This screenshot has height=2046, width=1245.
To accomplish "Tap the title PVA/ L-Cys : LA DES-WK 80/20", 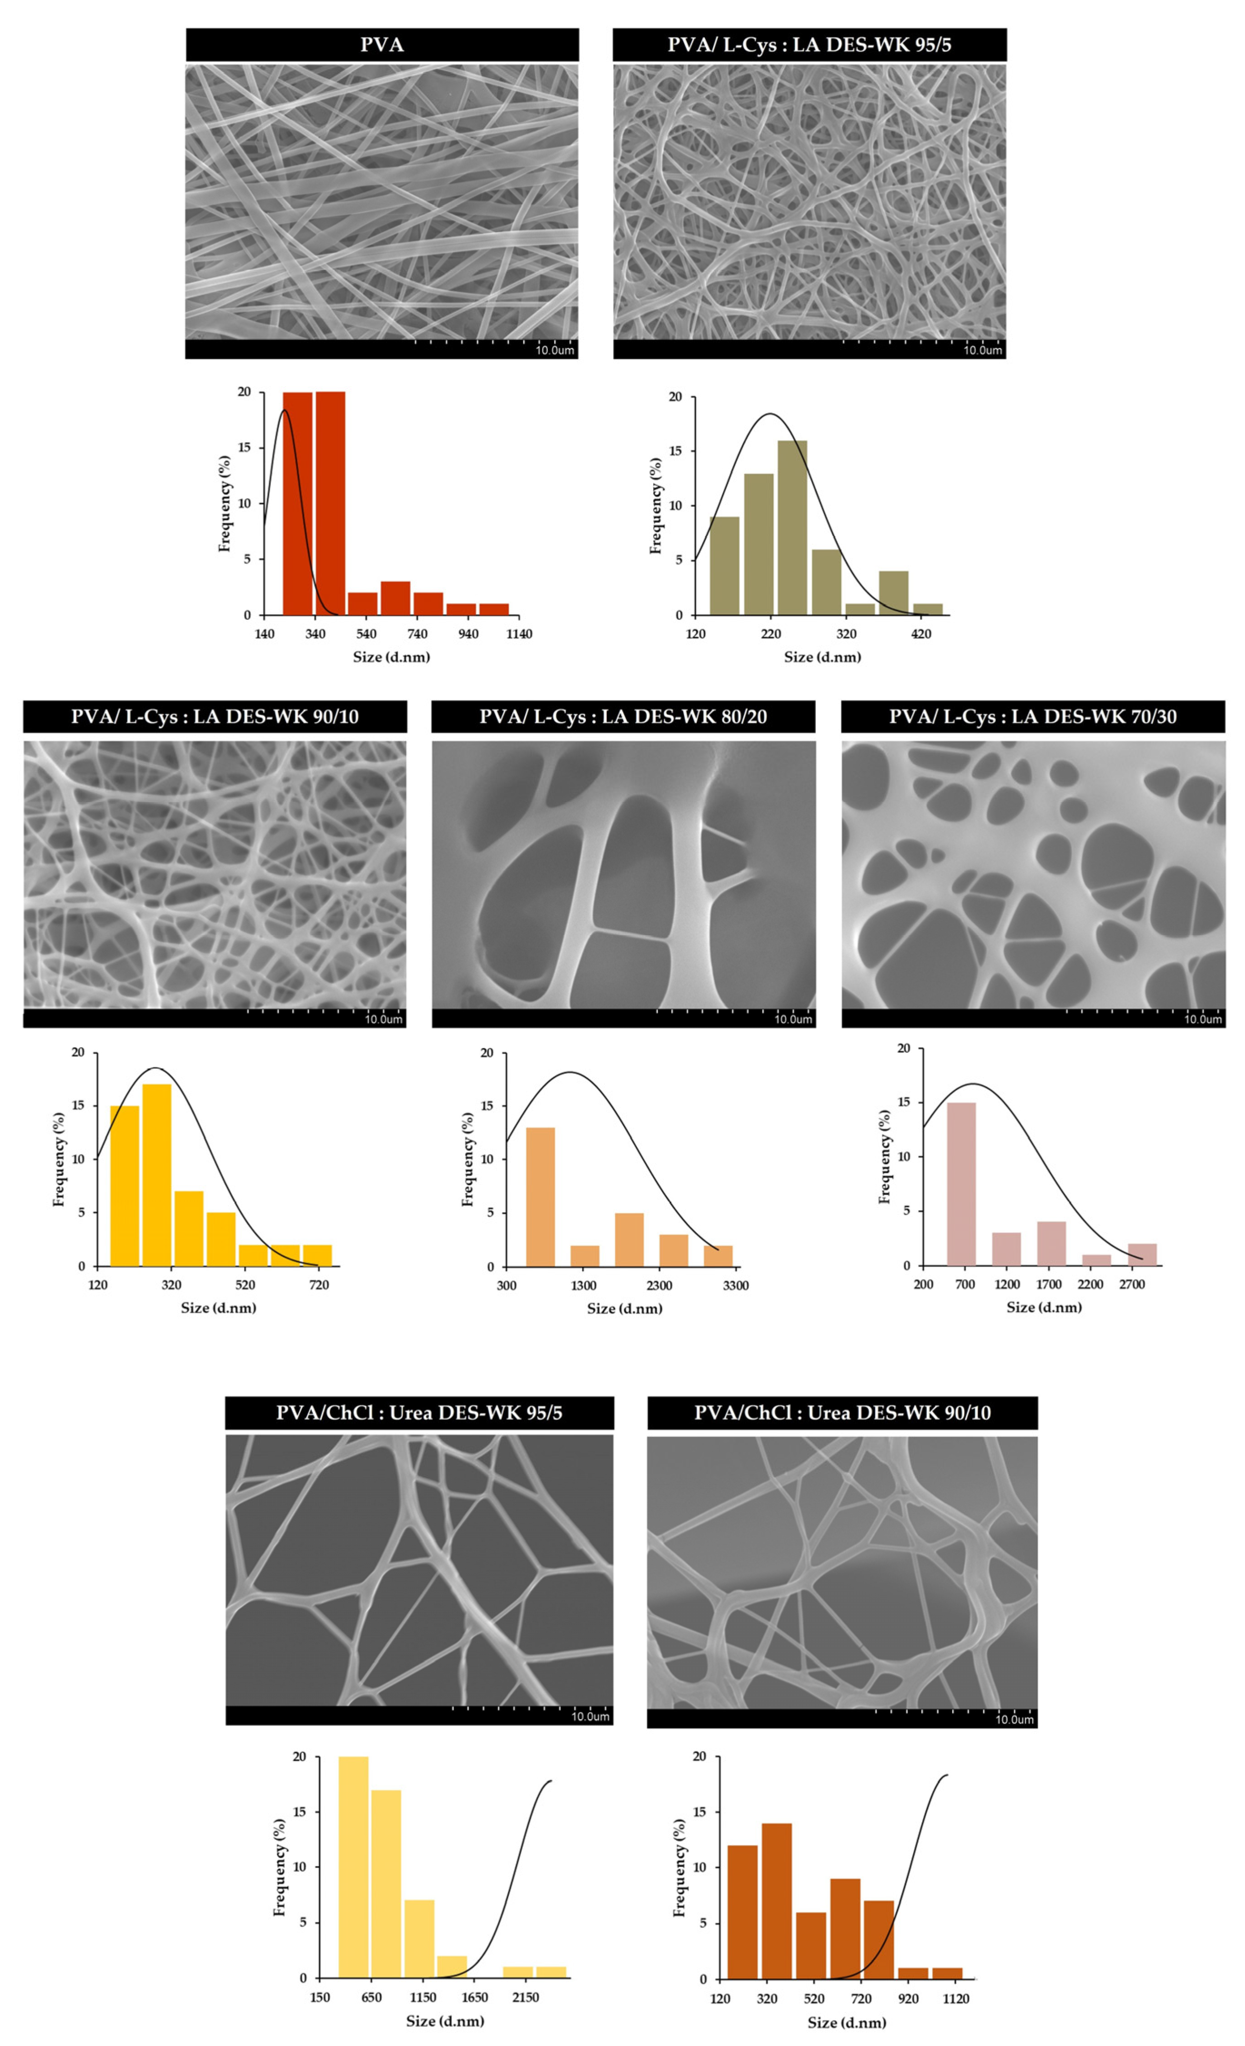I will pyautogui.click(x=622, y=717).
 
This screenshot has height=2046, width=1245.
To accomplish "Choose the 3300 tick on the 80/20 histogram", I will pyautogui.click(x=735, y=1285).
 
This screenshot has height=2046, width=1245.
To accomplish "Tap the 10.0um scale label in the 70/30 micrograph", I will pyautogui.click(x=1202, y=1019).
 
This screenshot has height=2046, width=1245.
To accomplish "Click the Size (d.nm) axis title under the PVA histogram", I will pyautogui.click(x=391, y=657).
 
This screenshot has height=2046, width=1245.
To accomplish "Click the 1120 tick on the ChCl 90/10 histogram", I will pyautogui.click(x=955, y=1999).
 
